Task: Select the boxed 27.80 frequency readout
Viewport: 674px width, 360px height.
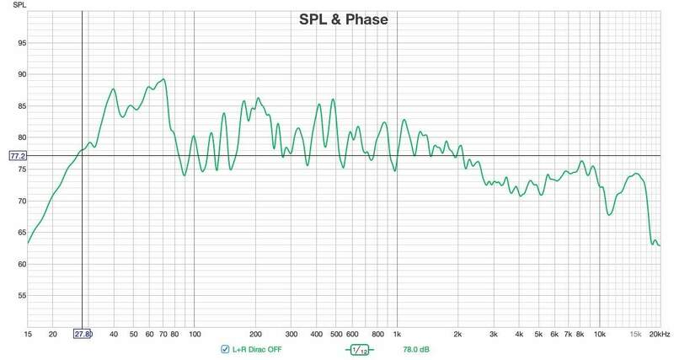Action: click(x=83, y=335)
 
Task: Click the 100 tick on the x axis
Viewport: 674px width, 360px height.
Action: click(x=195, y=334)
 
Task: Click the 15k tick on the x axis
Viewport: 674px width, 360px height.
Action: click(x=636, y=334)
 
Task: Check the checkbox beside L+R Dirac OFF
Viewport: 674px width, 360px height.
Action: click(x=224, y=349)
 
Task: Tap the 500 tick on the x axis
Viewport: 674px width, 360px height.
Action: click(x=336, y=334)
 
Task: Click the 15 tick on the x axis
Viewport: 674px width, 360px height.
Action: click(x=29, y=334)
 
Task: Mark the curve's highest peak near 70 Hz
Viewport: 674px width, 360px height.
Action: click(x=163, y=79)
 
